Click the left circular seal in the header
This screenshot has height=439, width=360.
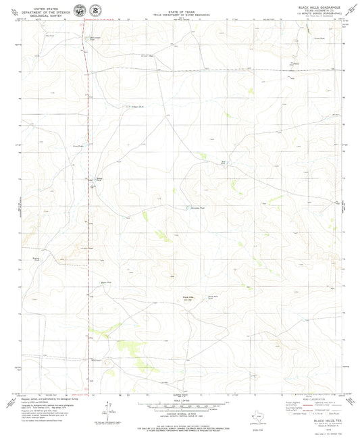[x=80, y=10]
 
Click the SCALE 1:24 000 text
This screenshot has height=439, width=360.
[x=180, y=400]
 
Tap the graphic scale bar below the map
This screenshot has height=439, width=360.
[x=180, y=405]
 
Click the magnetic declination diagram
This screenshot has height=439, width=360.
[x=106, y=408]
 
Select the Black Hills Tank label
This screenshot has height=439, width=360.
[x=213, y=296]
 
